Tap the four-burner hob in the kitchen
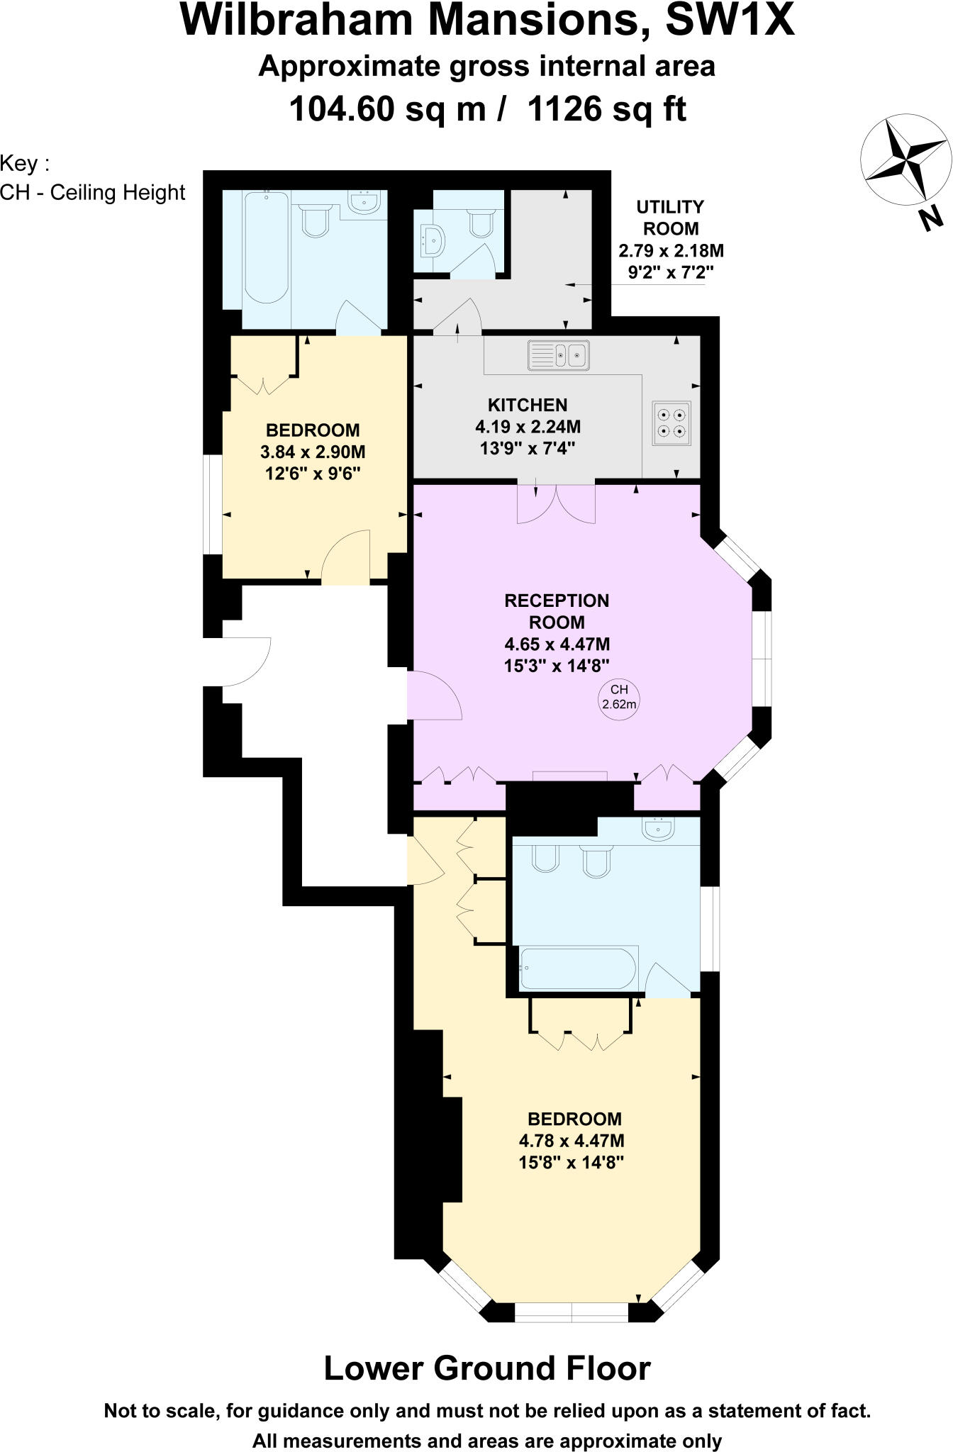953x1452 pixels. (x=671, y=423)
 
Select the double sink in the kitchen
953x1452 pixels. (x=559, y=354)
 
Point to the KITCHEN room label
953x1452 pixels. (x=527, y=405)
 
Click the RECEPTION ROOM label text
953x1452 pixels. (x=557, y=611)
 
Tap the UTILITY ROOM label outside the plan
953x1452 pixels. (x=670, y=218)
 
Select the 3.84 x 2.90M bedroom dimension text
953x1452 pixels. (x=313, y=452)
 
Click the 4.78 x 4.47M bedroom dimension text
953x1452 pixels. (x=572, y=1141)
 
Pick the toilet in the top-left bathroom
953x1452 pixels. (x=316, y=220)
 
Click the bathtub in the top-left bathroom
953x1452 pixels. (x=266, y=248)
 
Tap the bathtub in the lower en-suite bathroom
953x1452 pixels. (x=577, y=968)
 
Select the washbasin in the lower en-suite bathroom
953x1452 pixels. (x=659, y=828)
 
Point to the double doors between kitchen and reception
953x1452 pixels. (x=556, y=503)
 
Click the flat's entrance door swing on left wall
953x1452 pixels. (x=245, y=662)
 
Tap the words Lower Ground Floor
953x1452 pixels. (x=486, y=1368)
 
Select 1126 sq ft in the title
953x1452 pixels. (x=607, y=109)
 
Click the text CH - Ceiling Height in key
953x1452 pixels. (x=93, y=193)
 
